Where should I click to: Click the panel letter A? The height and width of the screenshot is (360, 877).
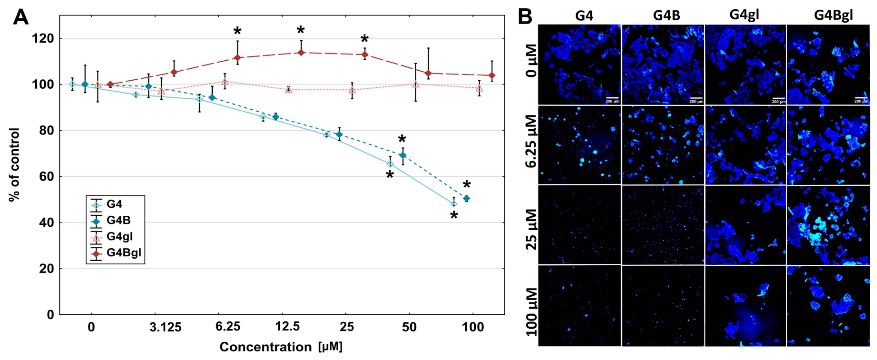coord(20,17)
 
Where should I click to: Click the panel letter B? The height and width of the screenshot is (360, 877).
coord(525,16)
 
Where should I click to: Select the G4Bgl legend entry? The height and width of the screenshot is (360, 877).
coord(123,253)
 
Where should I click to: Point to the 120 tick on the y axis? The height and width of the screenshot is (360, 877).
coord(43,39)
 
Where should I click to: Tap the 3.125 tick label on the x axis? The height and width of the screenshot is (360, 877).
coord(166,327)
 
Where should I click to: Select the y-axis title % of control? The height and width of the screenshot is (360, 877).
coord(14,165)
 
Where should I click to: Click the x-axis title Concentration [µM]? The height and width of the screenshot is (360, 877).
coord(281,347)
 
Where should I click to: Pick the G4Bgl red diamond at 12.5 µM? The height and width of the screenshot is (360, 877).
coord(301,52)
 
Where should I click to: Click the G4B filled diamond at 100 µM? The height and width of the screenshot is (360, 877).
coord(466,198)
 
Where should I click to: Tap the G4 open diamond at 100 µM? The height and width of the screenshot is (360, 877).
coord(453,204)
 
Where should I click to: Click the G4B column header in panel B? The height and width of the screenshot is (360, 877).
coord(666,15)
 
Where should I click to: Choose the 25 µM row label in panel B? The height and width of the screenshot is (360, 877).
coord(531,229)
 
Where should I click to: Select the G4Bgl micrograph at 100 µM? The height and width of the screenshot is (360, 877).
coord(828,306)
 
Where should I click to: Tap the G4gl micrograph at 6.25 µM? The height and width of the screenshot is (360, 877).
coord(745,145)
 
